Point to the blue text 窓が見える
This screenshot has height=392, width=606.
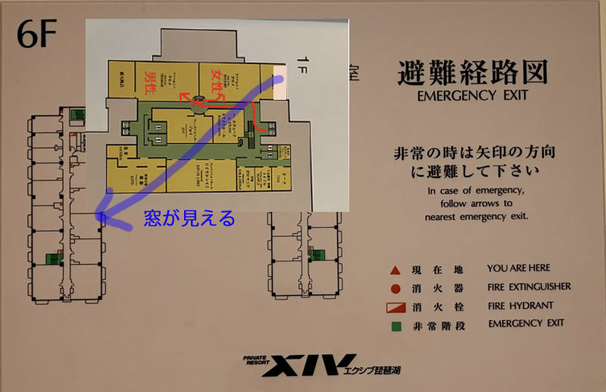[x=189, y=219]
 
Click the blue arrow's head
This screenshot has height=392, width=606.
[x=104, y=216]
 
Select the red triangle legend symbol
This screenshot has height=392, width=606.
[x=395, y=269]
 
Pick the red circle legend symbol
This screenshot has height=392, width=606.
[x=395, y=288]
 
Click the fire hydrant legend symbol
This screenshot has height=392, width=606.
[x=395, y=306]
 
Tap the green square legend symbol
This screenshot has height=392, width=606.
[x=395, y=325]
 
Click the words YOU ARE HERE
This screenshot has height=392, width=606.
[x=519, y=269]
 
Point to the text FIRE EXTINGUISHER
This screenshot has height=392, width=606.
[x=529, y=288]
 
